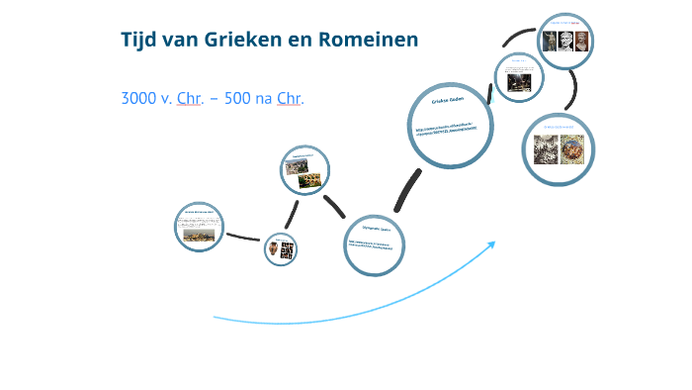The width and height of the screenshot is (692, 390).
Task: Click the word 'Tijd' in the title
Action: [x=138, y=40]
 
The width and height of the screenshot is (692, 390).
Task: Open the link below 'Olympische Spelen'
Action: [x=376, y=244]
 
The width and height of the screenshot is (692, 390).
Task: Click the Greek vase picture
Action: [x=275, y=249]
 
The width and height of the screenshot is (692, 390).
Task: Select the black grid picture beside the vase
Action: [x=289, y=249]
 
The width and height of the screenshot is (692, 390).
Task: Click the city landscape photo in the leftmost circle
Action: [x=202, y=232]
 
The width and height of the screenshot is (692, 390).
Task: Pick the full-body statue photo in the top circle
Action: [x=550, y=42]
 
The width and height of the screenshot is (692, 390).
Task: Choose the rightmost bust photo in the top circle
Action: [x=583, y=42]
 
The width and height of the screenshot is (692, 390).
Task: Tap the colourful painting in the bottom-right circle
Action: [x=572, y=148]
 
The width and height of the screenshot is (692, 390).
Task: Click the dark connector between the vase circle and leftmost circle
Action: [x=242, y=238]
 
